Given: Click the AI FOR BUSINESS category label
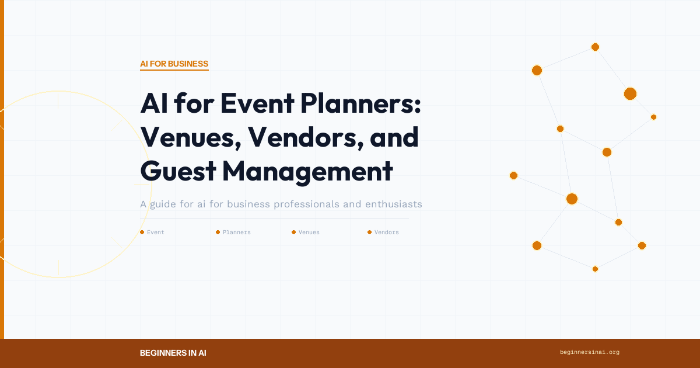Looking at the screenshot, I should tap(174, 64).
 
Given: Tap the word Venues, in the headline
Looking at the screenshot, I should tap(191, 137).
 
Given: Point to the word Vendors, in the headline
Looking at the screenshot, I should tap(299, 137).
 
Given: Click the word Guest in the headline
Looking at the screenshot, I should tap(178, 171).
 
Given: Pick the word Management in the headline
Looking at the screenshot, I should tap(307, 171).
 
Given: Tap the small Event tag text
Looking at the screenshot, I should tap(156, 232).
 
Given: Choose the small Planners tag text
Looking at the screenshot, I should tap(237, 232).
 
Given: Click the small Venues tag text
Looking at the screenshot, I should tap(309, 232).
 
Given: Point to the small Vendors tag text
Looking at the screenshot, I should tap(387, 232).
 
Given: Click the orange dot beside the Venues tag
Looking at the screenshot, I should tap(293, 232).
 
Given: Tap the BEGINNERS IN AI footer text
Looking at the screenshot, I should tap(173, 353).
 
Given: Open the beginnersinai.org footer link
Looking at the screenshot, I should tap(589, 352).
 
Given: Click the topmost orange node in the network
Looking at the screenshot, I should tap(595, 47).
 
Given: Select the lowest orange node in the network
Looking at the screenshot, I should tap(595, 269).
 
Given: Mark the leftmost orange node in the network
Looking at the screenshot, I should tap(513, 175).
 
